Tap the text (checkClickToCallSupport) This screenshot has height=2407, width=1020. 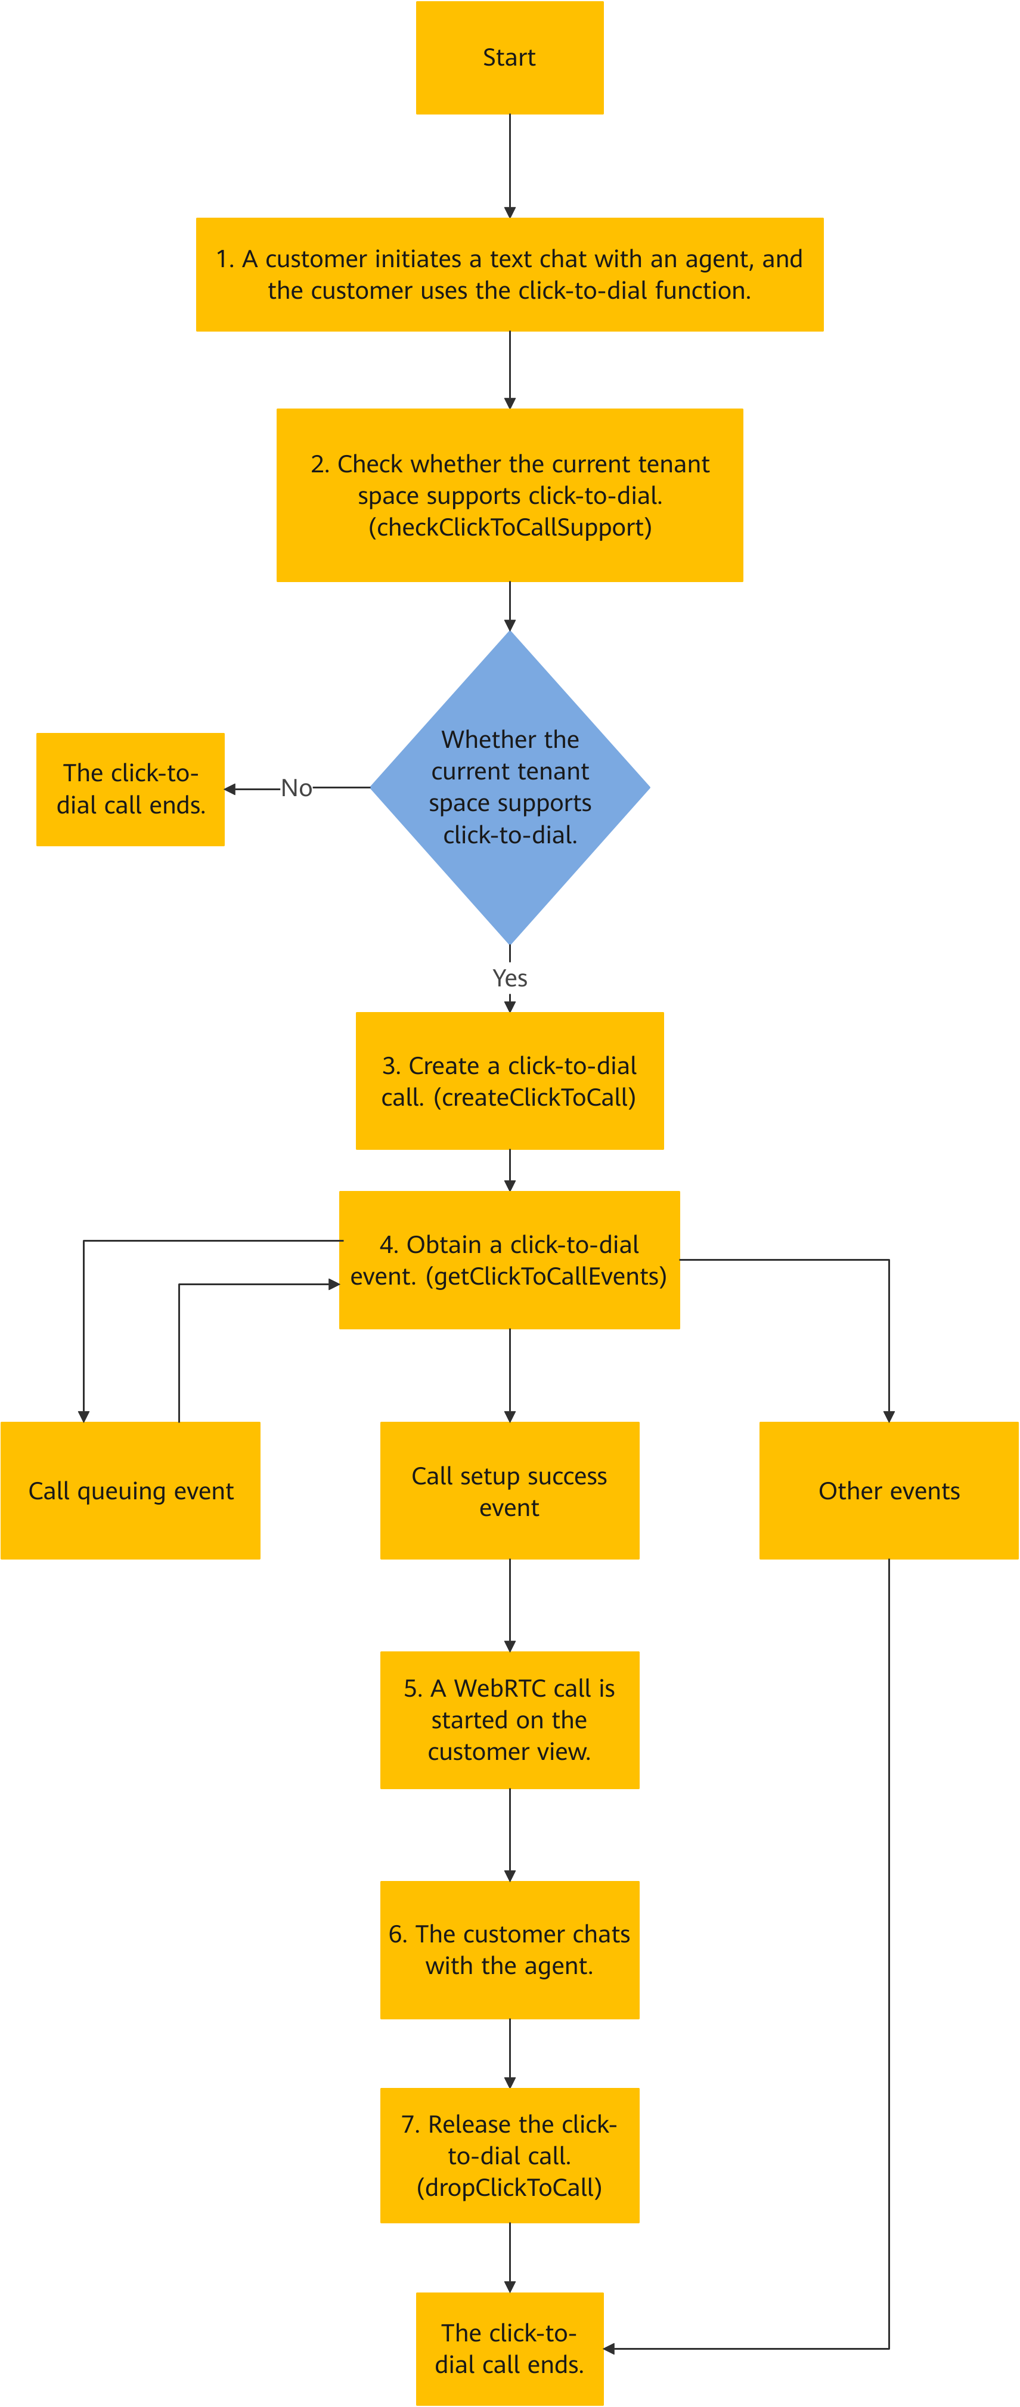coord(510,527)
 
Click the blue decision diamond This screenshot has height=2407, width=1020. coord(510,788)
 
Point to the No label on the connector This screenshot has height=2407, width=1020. coord(296,788)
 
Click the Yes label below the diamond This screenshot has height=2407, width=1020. coord(510,978)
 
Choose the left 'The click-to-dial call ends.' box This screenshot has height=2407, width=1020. coord(131,790)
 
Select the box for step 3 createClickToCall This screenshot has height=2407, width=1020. coord(510,1081)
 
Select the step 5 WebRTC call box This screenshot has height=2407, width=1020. coord(510,1720)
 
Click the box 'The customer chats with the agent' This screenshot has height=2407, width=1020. coord(510,1950)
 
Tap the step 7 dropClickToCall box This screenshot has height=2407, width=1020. coord(510,2156)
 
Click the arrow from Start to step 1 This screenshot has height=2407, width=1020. coord(510,166)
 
